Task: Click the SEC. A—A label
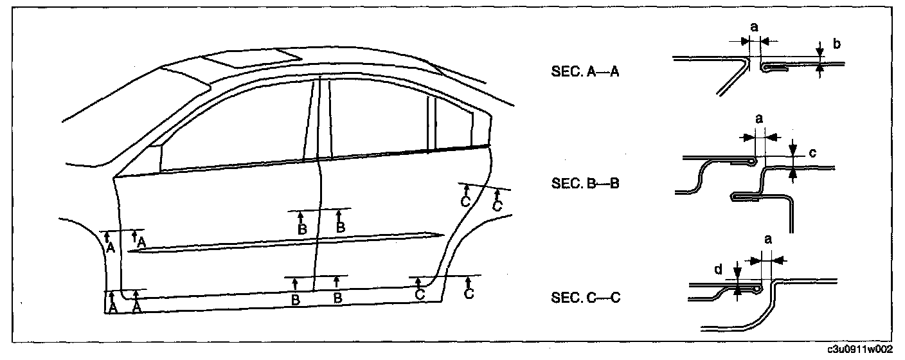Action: tap(584, 72)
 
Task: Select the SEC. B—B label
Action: tap(584, 183)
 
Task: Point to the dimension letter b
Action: tap(836, 44)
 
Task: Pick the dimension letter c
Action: tap(812, 153)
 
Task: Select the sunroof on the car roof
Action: tap(251, 59)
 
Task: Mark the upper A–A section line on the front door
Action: tap(122, 230)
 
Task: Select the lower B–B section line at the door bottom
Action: tap(315, 276)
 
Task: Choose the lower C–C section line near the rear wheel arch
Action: tap(444, 276)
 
